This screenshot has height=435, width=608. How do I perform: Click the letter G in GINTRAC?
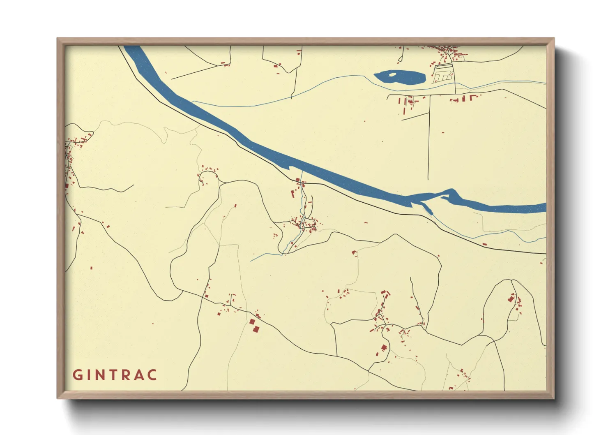(77, 375)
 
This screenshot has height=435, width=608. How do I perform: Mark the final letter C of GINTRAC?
(152, 375)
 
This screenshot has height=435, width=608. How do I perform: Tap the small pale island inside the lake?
(392, 75)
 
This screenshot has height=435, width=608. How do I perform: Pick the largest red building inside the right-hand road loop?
(511, 298)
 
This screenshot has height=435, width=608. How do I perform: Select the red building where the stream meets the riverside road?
(298, 180)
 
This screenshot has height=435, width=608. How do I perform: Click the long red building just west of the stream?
(293, 193)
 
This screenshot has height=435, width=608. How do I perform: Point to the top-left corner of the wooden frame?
(57, 38)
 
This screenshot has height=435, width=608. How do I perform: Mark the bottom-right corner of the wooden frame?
(554, 398)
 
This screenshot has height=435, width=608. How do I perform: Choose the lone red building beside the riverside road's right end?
(484, 245)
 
